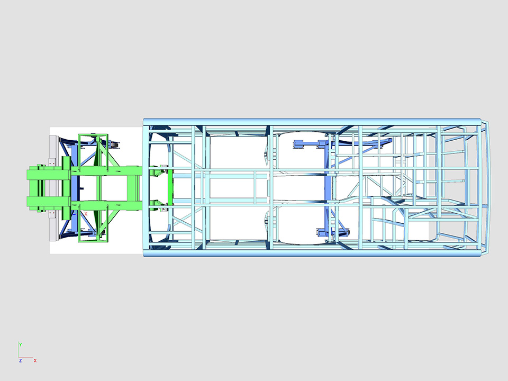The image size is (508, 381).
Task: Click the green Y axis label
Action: tap(21, 344)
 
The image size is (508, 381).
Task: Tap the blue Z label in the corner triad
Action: tap(21, 360)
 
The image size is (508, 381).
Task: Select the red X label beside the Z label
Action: tap(35, 360)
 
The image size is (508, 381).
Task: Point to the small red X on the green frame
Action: tap(86, 214)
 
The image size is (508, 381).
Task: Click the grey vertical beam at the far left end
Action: tap(53, 188)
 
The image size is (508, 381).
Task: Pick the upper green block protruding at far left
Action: tap(49, 172)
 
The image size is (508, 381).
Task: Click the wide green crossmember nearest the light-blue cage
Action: tap(134, 188)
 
